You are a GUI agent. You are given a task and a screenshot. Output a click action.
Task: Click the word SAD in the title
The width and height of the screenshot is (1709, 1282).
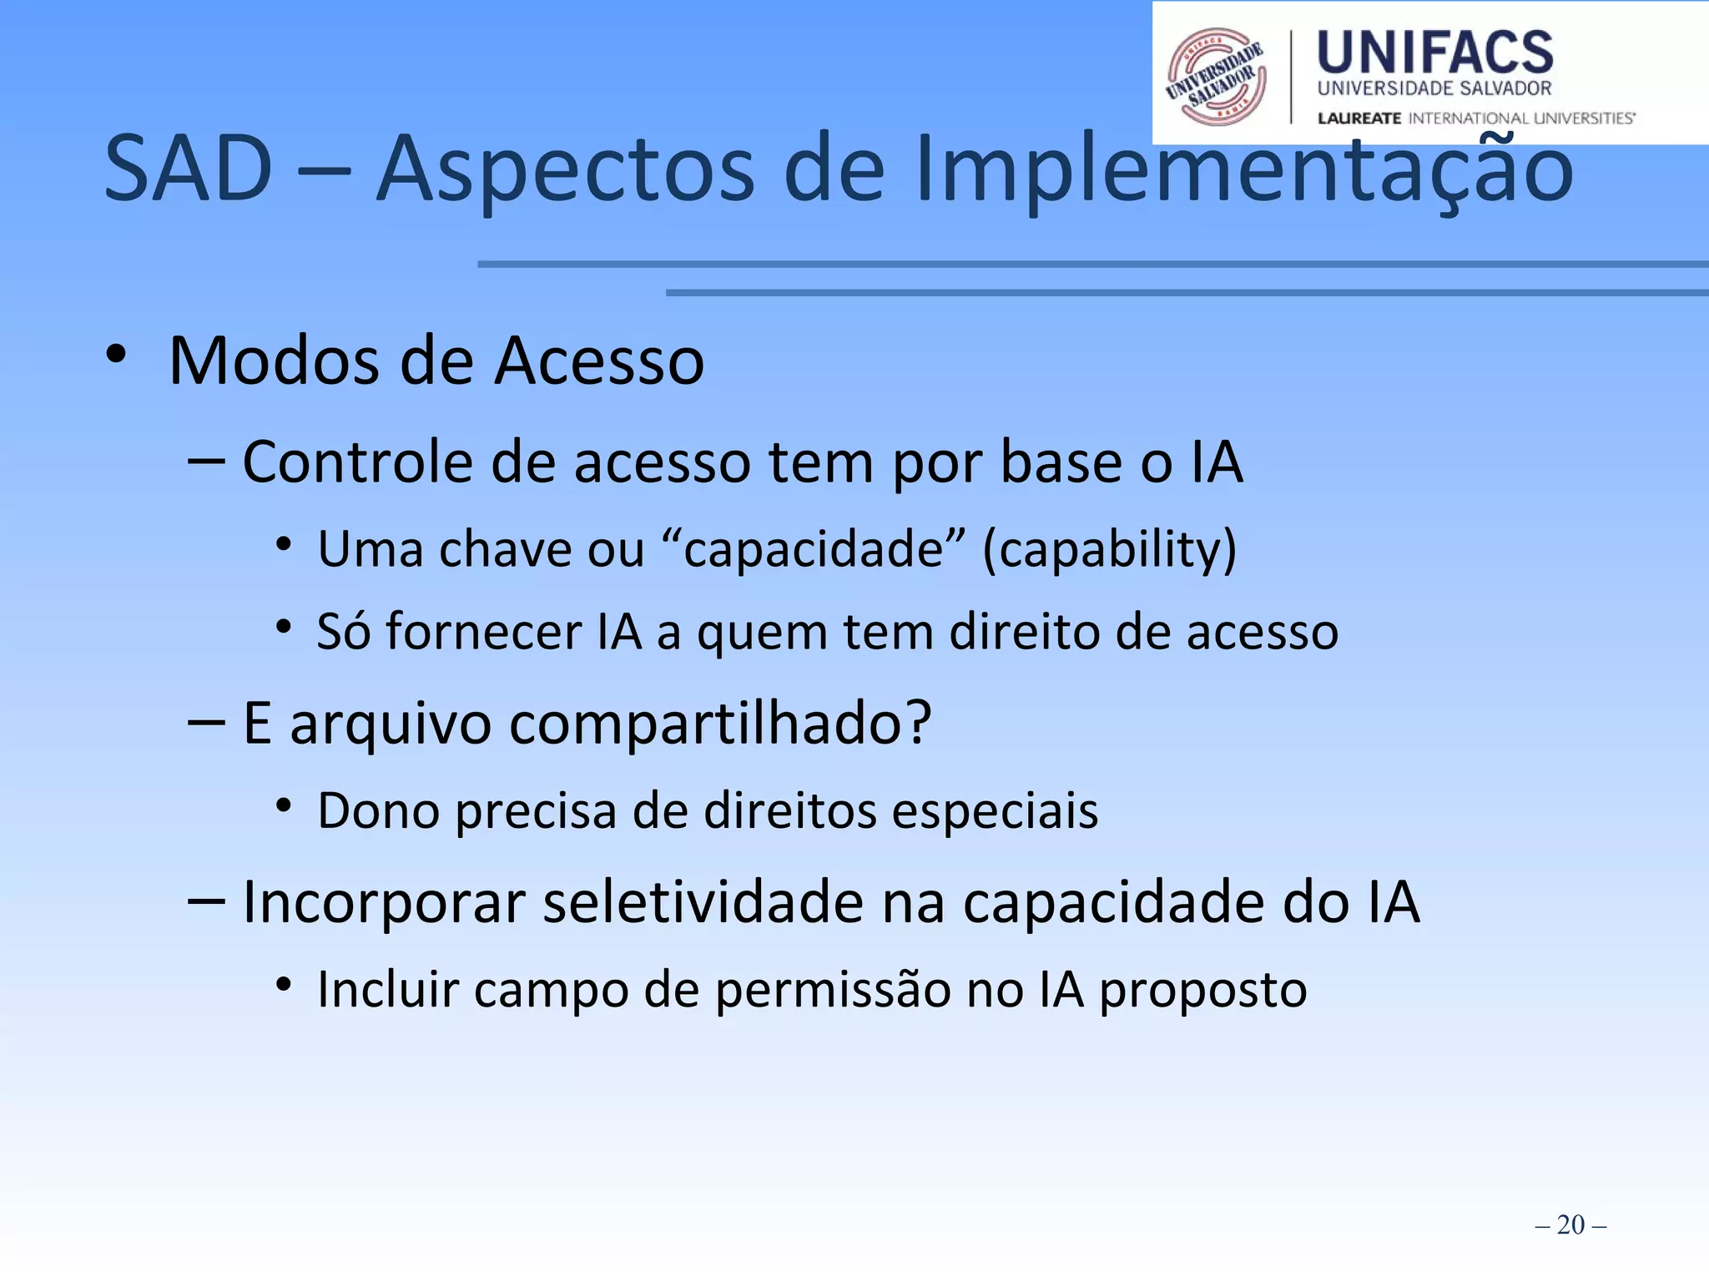click(x=189, y=169)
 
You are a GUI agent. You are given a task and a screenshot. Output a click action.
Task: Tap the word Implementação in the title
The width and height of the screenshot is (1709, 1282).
click(x=1243, y=171)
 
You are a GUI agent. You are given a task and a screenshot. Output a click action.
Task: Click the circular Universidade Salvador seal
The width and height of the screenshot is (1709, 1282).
click(x=1216, y=77)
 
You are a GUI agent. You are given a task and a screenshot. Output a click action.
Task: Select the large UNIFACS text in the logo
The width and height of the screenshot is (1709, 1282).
click(x=1434, y=53)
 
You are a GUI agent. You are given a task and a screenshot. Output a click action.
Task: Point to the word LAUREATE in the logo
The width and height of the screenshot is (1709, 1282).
click(x=1359, y=119)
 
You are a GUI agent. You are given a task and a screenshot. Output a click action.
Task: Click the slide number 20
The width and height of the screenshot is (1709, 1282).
click(x=1570, y=1224)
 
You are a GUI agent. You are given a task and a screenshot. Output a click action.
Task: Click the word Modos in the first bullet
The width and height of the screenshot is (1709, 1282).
click(x=275, y=361)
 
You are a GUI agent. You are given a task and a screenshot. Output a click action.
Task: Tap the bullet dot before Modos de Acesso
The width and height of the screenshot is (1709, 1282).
click(x=116, y=356)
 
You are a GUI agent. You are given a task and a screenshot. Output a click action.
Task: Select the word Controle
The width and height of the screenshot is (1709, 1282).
click(x=357, y=462)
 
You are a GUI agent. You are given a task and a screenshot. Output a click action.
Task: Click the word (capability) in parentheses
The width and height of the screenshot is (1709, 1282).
click(x=1109, y=550)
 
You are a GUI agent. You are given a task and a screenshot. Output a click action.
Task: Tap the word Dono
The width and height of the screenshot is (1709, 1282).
click(x=378, y=810)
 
